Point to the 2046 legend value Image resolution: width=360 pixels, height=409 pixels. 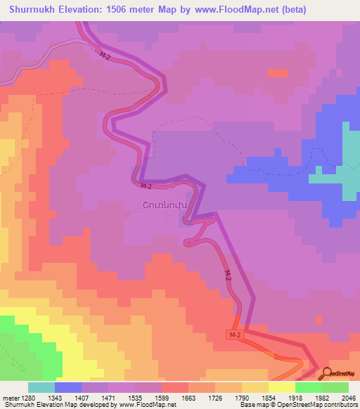click(347, 398)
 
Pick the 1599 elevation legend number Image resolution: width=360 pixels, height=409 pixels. click(161, 398)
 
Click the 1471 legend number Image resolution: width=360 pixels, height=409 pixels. click(108, 398)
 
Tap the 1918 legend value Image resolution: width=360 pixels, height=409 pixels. click(294, 398)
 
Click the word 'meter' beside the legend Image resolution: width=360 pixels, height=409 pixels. click(9, 398)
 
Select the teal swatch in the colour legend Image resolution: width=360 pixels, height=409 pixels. click(41, 387)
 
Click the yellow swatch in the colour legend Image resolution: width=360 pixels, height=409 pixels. click(281, 387)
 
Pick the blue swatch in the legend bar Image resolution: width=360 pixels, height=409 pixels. click(67, 387)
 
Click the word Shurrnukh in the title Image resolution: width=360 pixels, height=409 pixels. click(32, 9)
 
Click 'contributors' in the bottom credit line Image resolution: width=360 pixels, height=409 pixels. click(340, 405)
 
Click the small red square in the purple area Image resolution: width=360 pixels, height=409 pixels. click(278, 72)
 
